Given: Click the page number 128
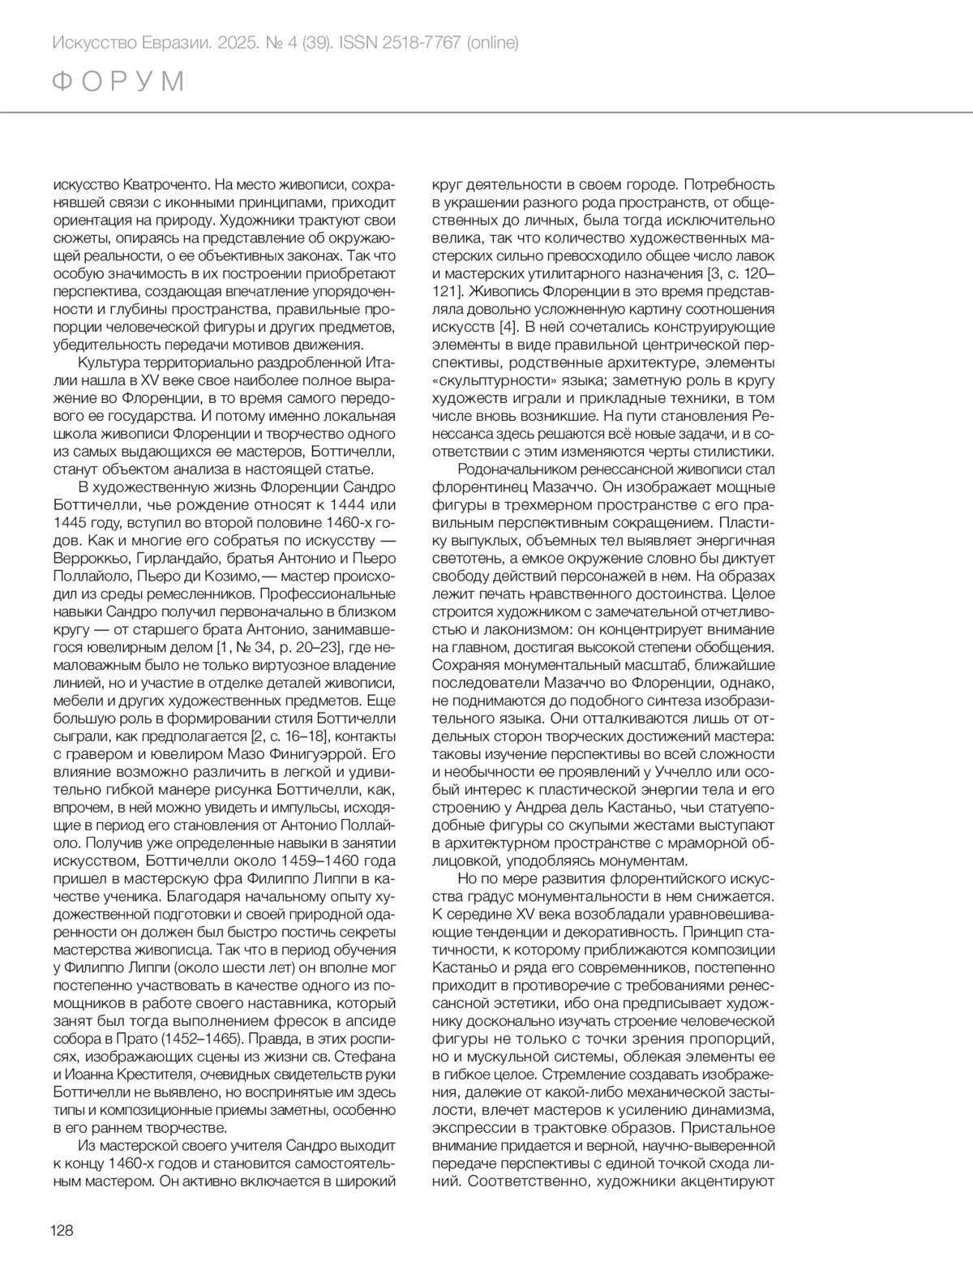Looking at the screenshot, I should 62,1230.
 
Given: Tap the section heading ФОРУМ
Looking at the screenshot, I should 118,82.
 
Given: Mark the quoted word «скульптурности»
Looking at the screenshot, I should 492,380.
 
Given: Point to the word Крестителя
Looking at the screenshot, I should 151,1074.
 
